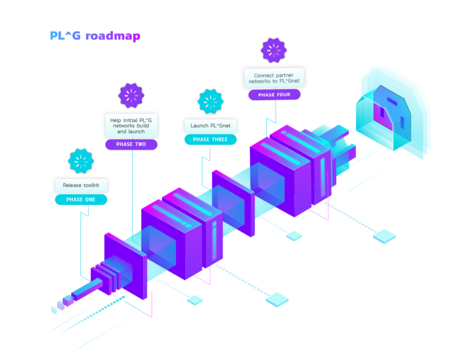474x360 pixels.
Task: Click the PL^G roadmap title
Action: coord(95,36)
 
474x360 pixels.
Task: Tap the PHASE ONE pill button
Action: coord(81,200)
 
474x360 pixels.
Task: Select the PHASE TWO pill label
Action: coord(131,144)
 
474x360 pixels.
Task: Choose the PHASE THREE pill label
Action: coord(210,139)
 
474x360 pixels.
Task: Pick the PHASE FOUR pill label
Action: coord(274,95)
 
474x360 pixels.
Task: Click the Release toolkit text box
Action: coord(81,185)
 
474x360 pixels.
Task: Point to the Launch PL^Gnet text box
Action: coord(210,125)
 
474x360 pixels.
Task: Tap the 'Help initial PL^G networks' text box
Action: coord(131,125)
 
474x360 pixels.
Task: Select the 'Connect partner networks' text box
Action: coord(274,78)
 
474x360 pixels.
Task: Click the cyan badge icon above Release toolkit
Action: coord(81,161)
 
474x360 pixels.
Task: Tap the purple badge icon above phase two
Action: coord(131,96)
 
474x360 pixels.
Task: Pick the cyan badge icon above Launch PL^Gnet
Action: coord(210,102)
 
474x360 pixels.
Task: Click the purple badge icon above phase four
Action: coord(273,51)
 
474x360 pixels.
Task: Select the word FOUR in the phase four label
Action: coord(283,95)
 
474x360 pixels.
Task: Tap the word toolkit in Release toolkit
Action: coord(95,185)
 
